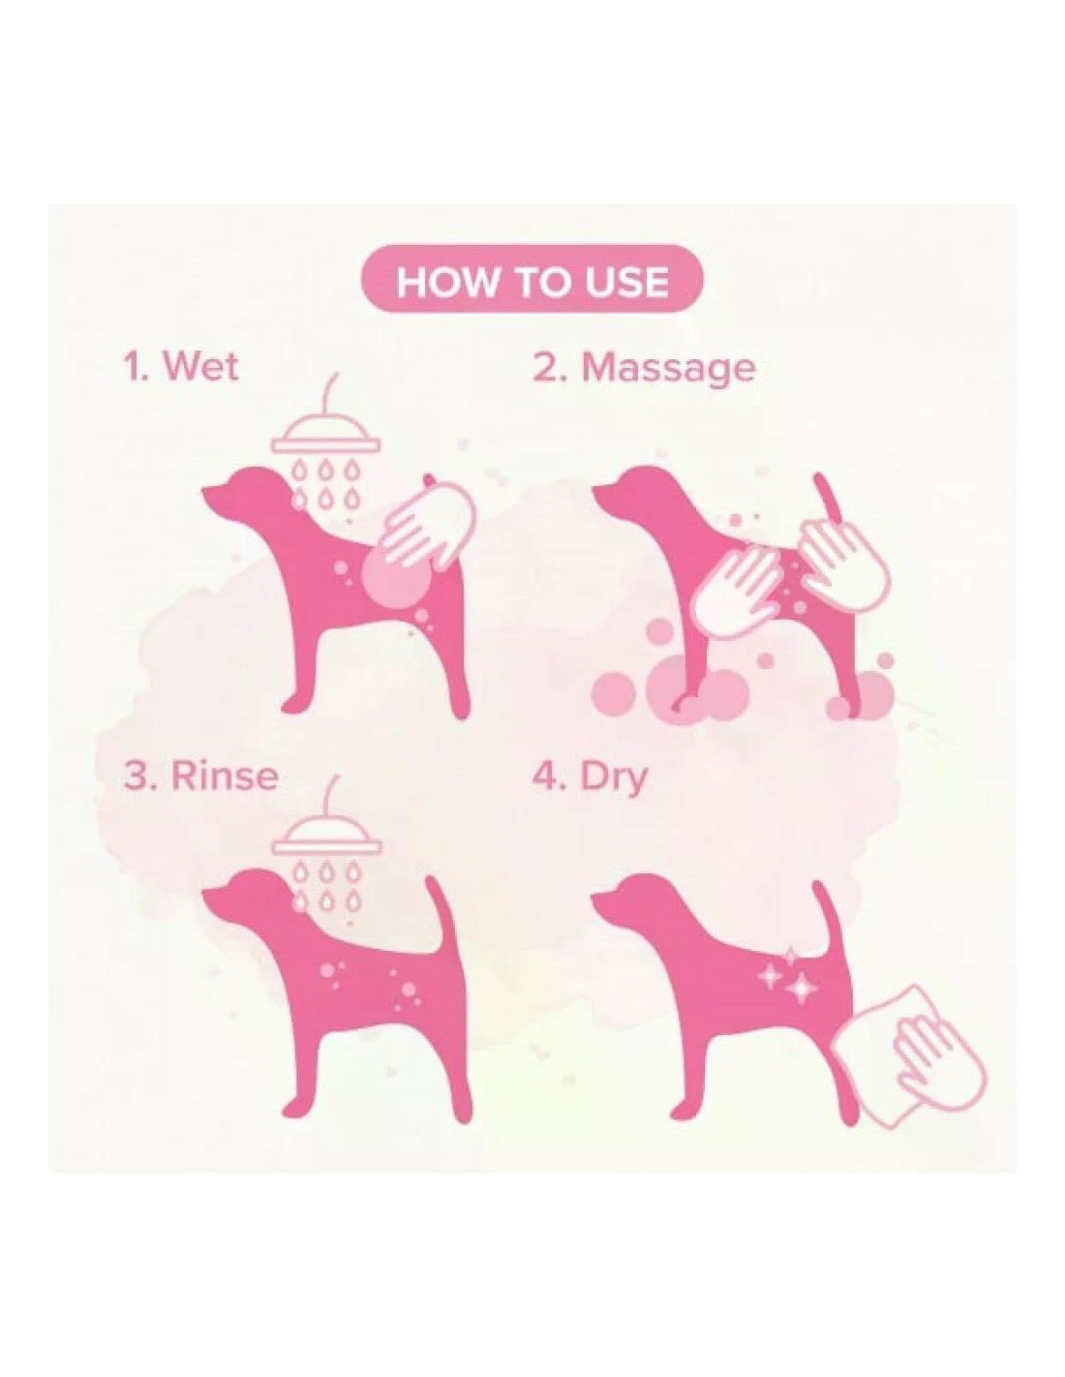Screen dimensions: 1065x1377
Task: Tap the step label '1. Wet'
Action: [x=180, y=367]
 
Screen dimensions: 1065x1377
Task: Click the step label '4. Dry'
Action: [x=589, y=779]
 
